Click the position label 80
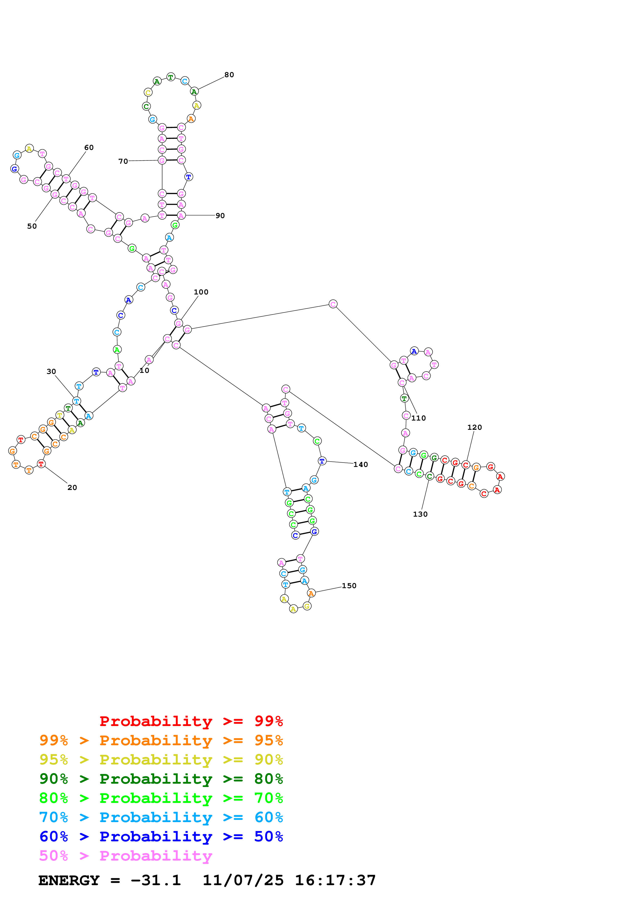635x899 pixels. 229,75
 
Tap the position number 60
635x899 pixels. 89,148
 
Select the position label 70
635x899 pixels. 123,161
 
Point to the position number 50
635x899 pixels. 32,226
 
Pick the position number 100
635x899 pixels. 201,292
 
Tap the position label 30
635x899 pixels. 51,372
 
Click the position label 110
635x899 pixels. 418,418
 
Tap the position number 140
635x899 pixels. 360,465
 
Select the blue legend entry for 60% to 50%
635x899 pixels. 161,837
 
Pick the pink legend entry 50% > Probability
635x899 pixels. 126,856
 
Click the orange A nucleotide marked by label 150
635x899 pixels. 311,593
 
